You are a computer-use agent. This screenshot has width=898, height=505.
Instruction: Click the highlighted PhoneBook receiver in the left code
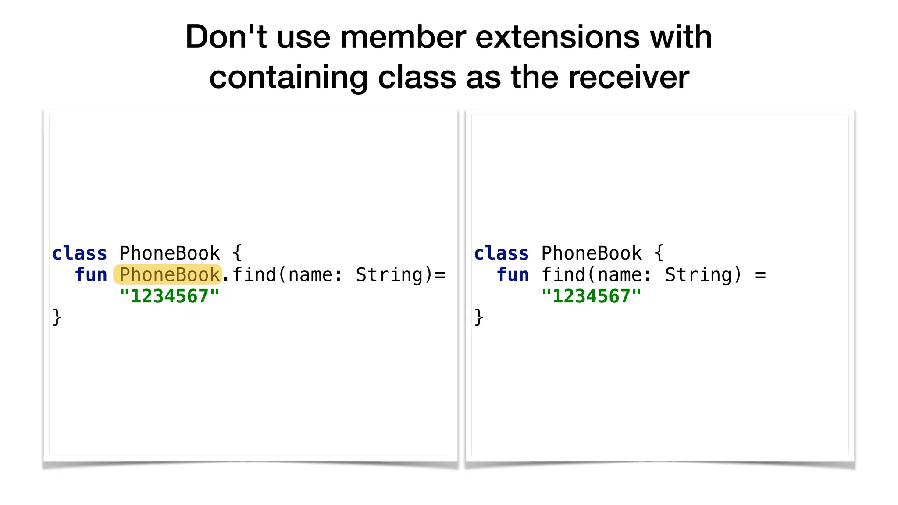[169, 275]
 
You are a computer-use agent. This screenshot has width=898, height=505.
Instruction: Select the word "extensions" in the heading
[557, 37]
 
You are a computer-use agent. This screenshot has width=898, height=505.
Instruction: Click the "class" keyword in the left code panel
[79, 253]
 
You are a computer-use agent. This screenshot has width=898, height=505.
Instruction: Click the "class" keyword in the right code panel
[501, 253]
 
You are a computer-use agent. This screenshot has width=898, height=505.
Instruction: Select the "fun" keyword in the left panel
[91, 275]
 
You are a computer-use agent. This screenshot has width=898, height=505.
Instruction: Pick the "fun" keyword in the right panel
[513, 275]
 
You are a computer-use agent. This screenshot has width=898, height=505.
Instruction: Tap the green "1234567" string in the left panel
[169, 296]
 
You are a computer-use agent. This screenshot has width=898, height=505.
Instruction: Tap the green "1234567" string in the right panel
[591, 296]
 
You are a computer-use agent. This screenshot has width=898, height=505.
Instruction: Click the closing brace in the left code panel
[57, 317]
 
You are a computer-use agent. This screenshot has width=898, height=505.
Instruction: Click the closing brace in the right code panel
[479, 317]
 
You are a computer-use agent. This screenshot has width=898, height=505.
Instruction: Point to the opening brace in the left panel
[237, 253]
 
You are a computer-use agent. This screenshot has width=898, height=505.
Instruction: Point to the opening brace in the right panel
[659, 253]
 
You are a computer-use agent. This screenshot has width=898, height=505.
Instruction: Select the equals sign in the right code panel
[760, 275]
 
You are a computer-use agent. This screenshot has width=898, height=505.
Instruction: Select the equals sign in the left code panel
[440, 275]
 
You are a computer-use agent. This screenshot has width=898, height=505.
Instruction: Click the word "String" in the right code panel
[698, 275]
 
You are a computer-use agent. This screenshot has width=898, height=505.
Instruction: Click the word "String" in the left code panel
[389, 275]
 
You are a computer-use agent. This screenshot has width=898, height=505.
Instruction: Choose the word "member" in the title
[403, 37]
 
